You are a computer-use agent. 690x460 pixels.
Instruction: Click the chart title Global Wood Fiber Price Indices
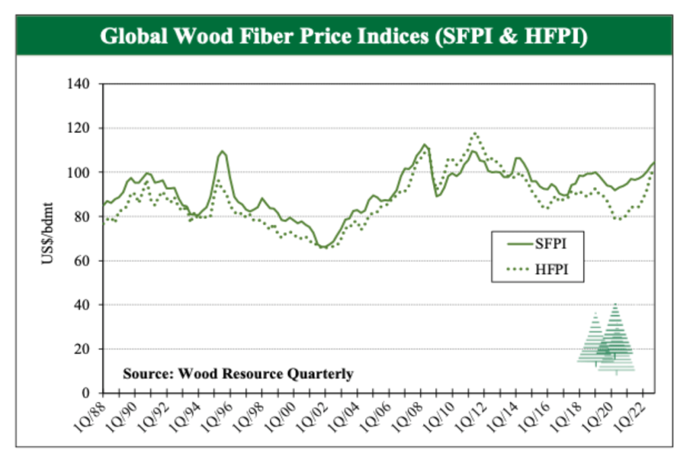click(x=344, y=35)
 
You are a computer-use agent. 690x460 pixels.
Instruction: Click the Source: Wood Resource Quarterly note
click(x=237, y=374)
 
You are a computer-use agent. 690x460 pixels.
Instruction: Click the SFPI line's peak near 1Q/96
click(x=222, y=151)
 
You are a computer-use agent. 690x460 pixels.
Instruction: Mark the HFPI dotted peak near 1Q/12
click(x=476, y=133)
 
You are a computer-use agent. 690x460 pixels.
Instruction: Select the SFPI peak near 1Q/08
click(x=424, y=145)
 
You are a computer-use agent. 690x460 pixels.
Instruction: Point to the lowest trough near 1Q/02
click(x=324, y=248)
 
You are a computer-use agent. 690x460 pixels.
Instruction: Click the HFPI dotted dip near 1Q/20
click(x=618, y=219)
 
